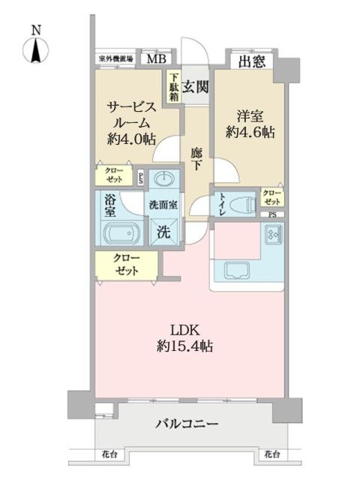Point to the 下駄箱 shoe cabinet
tap(173, 86)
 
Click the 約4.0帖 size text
tap(131, 138)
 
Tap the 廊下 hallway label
tap(196, 158)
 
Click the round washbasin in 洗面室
tap(163, 179)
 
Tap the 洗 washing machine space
tap(163, 232)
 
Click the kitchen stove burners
tap(271, 239)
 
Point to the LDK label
tap(187, 330)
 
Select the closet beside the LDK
tap(126, 265)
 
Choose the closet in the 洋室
tap(271, 197)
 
